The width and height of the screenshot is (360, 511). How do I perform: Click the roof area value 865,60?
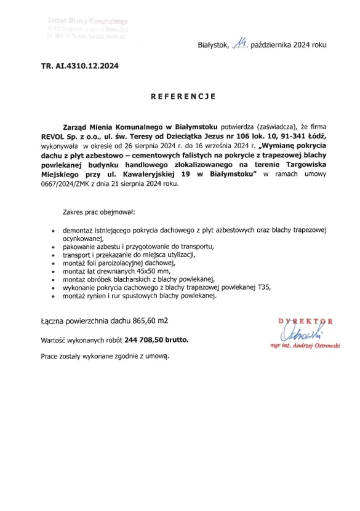pyautogui.click(x=143, y=320)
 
